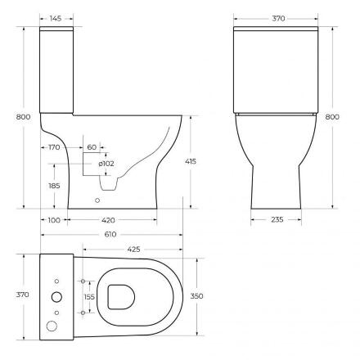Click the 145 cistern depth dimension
pyautogui.click(x=56, y=19)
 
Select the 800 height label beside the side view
pyautogui.click(x=23, y=117)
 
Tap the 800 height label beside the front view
pyautogui.click(x=332, y=117)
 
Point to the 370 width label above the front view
pyautogui.click(x=278, y=19)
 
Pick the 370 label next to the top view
pyautogui.click(x=22, y=295)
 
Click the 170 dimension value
pyautogui.click(x=54, y=147)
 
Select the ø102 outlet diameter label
pyautogui.click(x=106, y=164)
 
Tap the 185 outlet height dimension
pyautogui.click(x=54, y=186)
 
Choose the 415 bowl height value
pyautogui.click(x=191, y=161)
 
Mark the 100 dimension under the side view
pyautogui.click(x=54, y=220)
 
